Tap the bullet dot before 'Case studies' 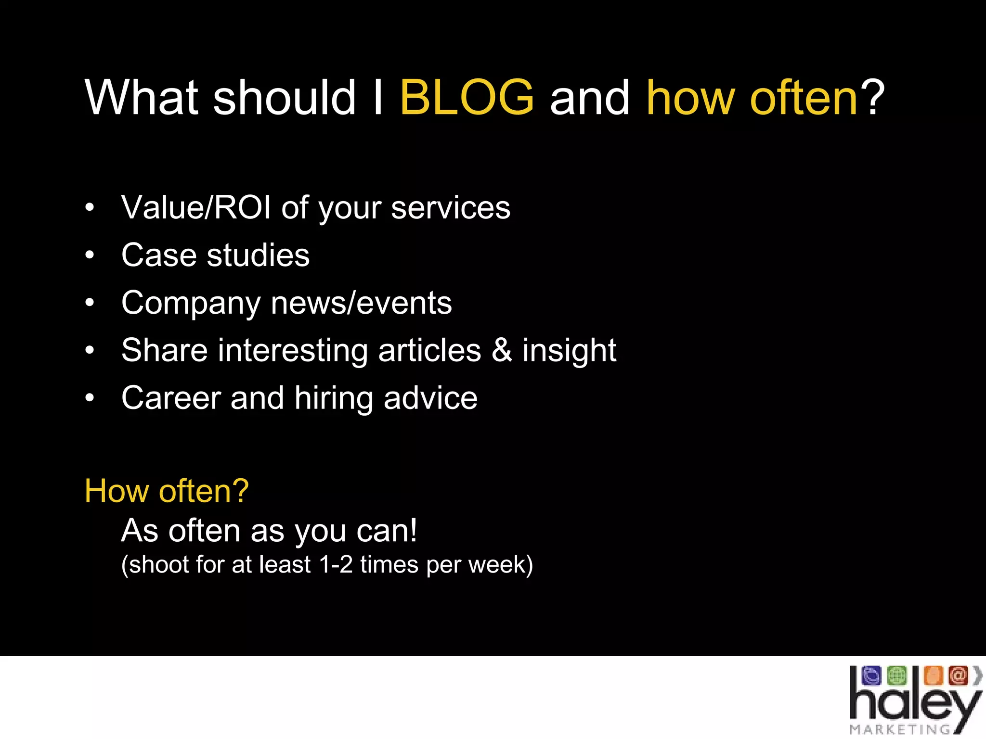pyautogui.click(x=90, y=256)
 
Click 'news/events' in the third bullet pyautogui.click(x=361, y=303)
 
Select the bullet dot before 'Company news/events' pyautogui.click(x=90, y=304)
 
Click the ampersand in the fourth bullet pyautogui.click(x=502, y=350)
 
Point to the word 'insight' pyautogui.click(x=569, y=351)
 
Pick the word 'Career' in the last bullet pyautogui.click(x=170, y=398)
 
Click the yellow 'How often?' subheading pyautogui.click(x=167, y=491)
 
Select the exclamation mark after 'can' pyautogui.click(x=413, y=531)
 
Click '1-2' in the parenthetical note pyautogui.click(x=336, y=565)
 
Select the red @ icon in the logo pyautogui.click(x=958, y=675)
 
